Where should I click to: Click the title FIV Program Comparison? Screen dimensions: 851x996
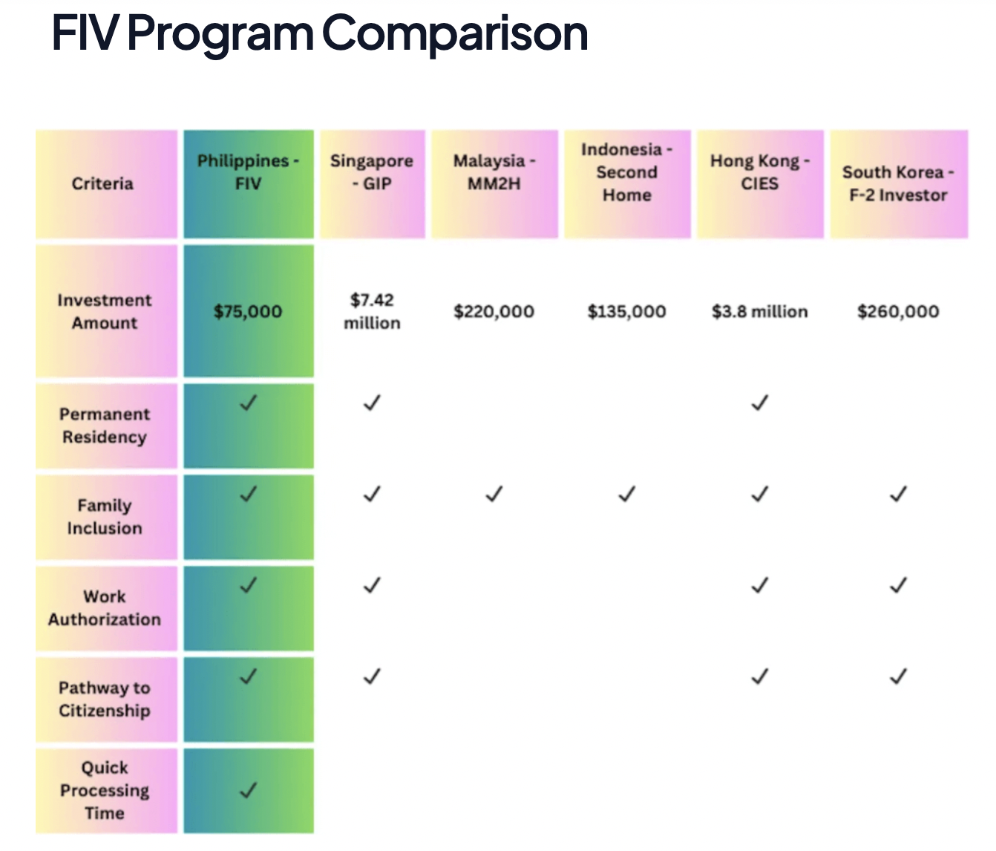[319, 33]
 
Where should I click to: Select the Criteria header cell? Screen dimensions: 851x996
[102, 183]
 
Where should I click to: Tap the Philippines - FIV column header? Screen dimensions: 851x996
[248, 172]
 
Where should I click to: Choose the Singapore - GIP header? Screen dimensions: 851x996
[372, 172]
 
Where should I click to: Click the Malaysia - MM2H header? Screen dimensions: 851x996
[494, 172]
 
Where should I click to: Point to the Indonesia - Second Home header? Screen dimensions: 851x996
[627, 172]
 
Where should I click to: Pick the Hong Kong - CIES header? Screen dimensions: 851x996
[759, 172]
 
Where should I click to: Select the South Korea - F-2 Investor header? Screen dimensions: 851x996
[898, 183]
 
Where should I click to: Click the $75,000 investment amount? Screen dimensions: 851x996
[248, 311]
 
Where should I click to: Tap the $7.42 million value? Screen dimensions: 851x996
[372, 311]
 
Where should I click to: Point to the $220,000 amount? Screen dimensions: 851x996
[494, 311]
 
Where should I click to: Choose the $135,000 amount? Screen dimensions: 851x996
[627, 311]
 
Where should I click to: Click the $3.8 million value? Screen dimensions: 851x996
[759, 311]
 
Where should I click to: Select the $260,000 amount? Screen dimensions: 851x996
[898, 311]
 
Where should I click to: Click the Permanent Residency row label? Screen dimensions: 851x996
[105, 425]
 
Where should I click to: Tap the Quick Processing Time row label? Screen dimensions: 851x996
[105, 790]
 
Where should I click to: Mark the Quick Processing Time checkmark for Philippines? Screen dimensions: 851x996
[249, 789]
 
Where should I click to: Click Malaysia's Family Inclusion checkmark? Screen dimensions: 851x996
[494, 494]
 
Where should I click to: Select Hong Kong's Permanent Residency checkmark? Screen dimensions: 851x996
[759, 403]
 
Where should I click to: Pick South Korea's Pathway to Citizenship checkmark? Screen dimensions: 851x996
[898, 676]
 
